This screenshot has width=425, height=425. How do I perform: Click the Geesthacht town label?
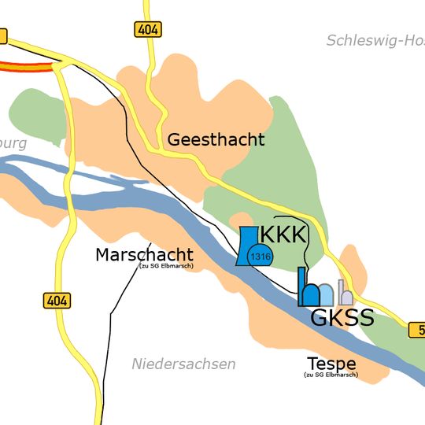[x=216, y=140]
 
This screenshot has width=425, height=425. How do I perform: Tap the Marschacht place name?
[x=143, y=255]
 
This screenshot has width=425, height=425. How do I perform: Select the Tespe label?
[x=331, y=364]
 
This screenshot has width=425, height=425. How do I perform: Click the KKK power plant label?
[x=282, y=235]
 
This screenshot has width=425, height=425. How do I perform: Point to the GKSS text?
[x=342, y=318]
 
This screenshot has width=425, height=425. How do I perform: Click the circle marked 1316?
[x=260, y=256]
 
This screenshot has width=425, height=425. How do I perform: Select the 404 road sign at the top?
[x=146, y=30]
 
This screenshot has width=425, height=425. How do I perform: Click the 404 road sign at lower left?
[x=57, y=300]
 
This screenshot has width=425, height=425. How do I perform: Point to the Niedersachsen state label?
[x=183, y=364]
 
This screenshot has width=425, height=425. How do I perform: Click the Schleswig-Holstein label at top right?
[x=375, y=40]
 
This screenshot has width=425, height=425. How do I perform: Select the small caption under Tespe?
[x=331, y=375]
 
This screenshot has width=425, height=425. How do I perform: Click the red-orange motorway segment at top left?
[x=28, y=68]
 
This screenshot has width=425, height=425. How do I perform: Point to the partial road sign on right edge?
[x=416, y=329]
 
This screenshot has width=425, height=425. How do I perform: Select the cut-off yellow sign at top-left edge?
[x=2, y=35]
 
